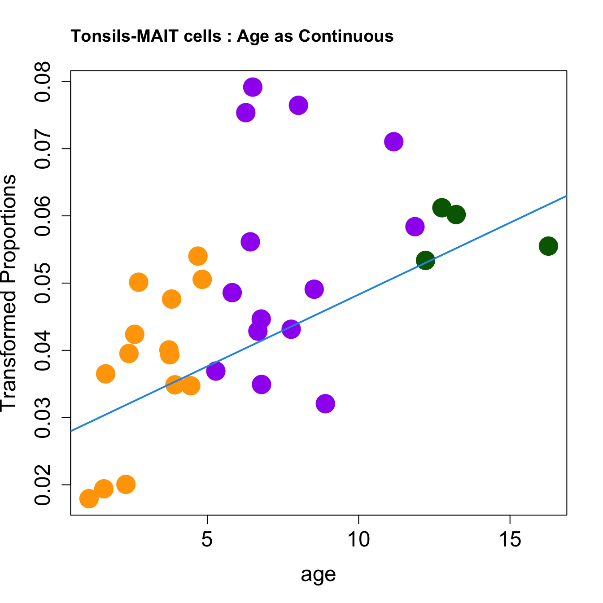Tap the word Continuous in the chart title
(346, 36)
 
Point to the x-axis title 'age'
(318, 575)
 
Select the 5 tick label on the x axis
(207, 540)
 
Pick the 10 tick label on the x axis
(358, 540)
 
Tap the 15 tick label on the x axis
(510, 540)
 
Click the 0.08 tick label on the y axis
(43, 82)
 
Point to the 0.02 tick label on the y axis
(43, 485)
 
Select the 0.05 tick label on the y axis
(43, 283)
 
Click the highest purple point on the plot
(253, 87)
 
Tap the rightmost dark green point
(548, 246)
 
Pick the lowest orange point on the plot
(89, 498)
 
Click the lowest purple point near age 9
(325, 404)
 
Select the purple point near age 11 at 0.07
(393, 142)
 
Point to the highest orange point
(198, 256)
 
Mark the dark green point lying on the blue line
(425, 260)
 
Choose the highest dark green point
(442, 208)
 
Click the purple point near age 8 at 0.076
(298, 105)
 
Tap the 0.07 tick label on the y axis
(43, 149)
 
